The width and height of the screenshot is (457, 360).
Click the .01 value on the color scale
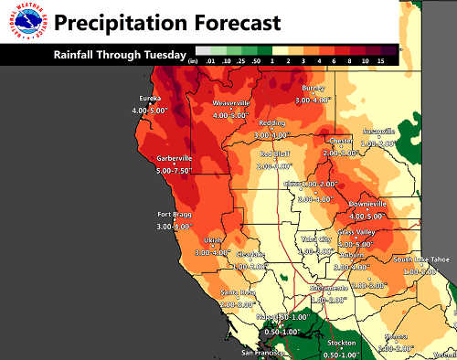(x=209, y=60)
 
